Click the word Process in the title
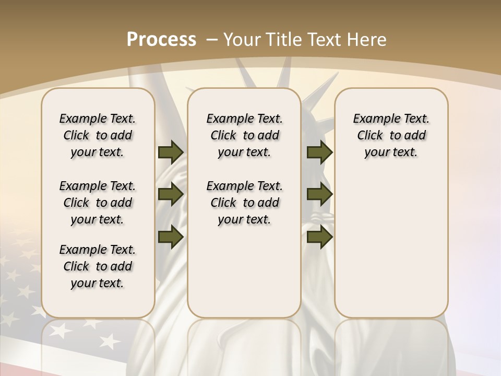point(161,40)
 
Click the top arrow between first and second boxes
point(171,152)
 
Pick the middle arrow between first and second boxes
point(171,195)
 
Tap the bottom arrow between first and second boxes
point(171,237)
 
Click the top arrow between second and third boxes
point(319,152)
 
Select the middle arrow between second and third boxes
point(319,195)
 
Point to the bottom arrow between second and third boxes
point(319,237)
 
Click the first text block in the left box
point(98,135)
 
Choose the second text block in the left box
point(98,203)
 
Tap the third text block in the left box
point(98,266)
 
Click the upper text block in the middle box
point(244,135)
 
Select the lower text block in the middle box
point(244,203)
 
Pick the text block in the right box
point(391,135)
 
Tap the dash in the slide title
point(212,40)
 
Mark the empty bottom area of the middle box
point(244,277)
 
